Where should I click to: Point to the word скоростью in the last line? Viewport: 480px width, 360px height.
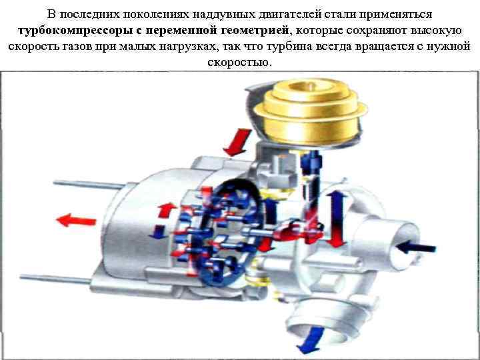pos(239,62)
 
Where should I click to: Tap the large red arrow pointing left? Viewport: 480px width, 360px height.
pos(76,220)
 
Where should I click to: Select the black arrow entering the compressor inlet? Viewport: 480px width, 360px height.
pos(416,247)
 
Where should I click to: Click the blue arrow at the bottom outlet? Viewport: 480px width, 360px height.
pos(311,340)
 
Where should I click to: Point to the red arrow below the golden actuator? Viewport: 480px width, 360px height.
pos(237,142)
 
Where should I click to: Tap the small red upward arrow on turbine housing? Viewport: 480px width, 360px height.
pos(167,210)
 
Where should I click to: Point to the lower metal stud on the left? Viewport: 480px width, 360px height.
pos(55,279)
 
